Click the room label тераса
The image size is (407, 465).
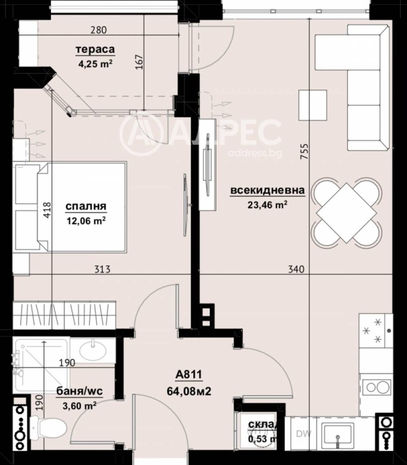[95, 50]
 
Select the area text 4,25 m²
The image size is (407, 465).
[94, 64]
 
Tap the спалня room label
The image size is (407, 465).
[85, 207]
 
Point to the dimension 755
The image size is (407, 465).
[304, 152]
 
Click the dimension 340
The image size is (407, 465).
[295, 269]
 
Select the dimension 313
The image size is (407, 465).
[102, 269]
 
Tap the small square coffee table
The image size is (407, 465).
[312, 104]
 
